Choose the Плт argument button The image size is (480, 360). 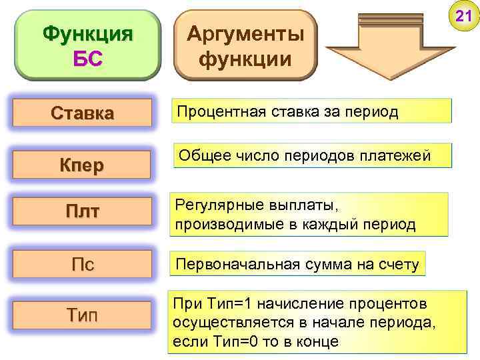pos(83,212)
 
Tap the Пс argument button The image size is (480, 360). pos(83,264)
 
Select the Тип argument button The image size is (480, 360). pos(83,314)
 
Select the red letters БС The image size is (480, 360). pos(87,58)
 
